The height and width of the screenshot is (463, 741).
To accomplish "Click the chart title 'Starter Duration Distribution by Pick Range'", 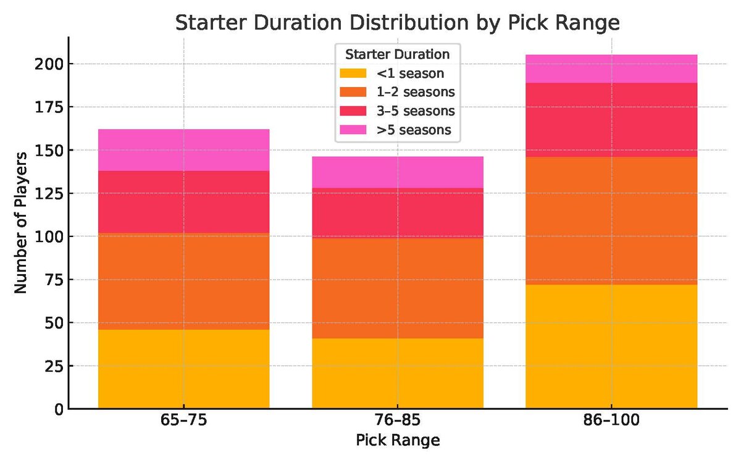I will (397, 23).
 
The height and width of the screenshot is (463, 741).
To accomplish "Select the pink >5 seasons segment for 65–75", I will (183, 150).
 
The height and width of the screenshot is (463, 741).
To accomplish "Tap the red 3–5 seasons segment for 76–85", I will (397, 213).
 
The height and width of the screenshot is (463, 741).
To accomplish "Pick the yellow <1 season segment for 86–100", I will (611, 346).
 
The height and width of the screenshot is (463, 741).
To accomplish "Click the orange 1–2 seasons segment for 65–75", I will (183, 282).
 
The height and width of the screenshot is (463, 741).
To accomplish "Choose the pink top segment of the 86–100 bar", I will (611, 69).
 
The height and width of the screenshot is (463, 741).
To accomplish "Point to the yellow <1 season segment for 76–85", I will (397, 373).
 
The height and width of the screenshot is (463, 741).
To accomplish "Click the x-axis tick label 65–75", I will (183, 422).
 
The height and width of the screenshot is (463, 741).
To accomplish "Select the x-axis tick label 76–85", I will (397, 422).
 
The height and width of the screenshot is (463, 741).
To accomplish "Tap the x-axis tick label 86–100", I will (611, 422).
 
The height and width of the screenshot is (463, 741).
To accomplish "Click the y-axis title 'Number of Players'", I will (20, 223).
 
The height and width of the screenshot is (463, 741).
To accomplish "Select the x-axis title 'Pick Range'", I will (397, 440).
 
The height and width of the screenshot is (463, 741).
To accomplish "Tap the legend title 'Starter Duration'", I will (397, 54).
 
